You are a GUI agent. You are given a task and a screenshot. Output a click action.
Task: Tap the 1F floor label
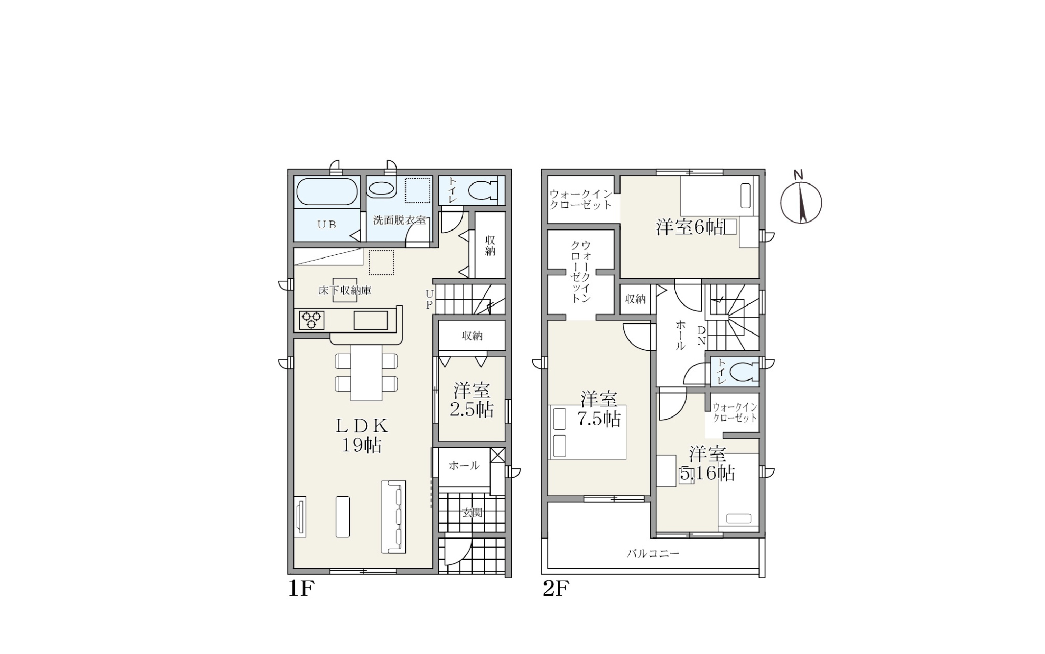(x=300, y=588)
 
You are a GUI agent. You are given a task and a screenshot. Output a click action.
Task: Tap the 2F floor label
(x=556, y=588)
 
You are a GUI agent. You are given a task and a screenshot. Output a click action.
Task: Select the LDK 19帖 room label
(x=362, y=435)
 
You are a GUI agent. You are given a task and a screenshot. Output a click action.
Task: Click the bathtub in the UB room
(x=327, y=192)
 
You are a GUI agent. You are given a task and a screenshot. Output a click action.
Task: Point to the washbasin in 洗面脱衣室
(x=381, y=189)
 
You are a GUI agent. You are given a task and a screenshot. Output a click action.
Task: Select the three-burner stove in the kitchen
(x=312, y=320)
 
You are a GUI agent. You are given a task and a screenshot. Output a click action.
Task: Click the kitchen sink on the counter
(x=371, y=320)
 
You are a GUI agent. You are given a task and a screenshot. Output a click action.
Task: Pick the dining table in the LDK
(x=366, y=373)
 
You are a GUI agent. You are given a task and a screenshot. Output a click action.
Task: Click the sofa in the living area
(x=394, y=517)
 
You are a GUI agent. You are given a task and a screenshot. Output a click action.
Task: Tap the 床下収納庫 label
(x=345, y=291)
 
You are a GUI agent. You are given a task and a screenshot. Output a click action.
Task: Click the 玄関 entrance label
(x=473, y=512)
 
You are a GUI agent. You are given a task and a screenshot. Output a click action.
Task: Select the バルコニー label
(x=653, y=554)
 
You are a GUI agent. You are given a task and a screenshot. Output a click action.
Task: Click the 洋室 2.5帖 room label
(x=472, y=400)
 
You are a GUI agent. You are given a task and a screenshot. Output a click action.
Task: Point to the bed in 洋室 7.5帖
(x=587, y=432)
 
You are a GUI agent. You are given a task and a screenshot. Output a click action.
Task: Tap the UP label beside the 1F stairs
(x=429, y=299)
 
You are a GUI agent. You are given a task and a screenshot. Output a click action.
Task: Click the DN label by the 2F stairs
(x=701, y=335)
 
